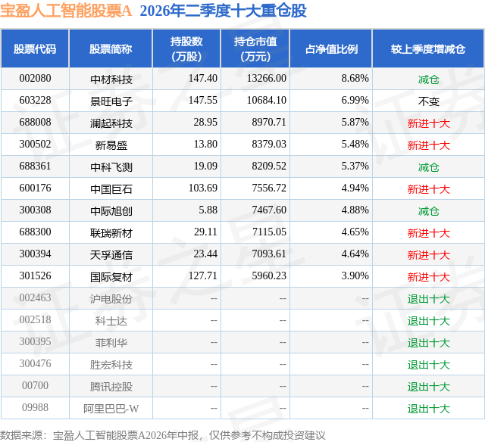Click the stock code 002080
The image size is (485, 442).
[x=35, y=79]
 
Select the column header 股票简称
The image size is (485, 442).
[x=111, y=49]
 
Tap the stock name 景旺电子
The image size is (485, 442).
[x=111, y=101]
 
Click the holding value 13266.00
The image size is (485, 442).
[x=266, y=79]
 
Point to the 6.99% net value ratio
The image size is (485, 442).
[x=355, y=101]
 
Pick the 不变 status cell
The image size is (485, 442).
[x=428, y=101]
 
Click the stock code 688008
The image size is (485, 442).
[x=35, y=123]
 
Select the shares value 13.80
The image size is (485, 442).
[x=205, y=145]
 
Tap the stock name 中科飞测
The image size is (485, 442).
[x=111, y=167]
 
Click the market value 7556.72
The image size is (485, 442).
[x=269, y=188]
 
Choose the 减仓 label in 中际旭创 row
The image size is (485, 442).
[x=428, y=211]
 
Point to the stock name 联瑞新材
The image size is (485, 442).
[x=111, y=232]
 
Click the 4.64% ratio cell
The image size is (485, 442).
[x=355, y=254]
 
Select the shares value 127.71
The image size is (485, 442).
[x=203, y=275]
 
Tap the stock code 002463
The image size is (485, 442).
[x=35, y=297]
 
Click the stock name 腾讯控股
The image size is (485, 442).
[x=111, y=386]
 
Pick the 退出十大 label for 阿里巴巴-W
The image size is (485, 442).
[x=428, y=409]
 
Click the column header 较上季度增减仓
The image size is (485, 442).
[x=428, y=49]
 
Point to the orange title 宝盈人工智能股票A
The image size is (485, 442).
[x=66, y=11]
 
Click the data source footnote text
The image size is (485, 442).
[x=163, y=435]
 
